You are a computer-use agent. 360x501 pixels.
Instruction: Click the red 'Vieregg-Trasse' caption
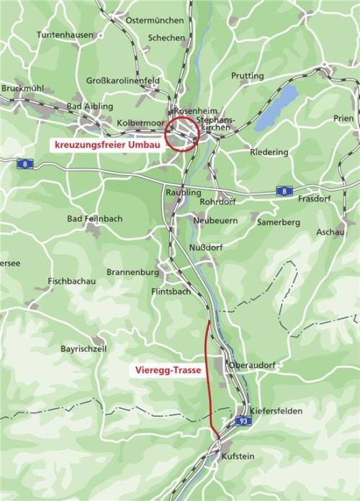tap(167, 371)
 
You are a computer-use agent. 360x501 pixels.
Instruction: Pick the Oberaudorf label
tap(252, 365)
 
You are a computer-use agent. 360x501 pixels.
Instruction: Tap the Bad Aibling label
tap(89, 107)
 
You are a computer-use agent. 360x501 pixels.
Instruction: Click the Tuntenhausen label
tap(66, 35)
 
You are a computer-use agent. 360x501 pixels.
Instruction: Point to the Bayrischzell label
tap(84, 348)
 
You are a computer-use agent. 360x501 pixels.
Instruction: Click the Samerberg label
tap(279, 223)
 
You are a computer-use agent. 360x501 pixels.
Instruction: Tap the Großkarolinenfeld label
tap(124, 81)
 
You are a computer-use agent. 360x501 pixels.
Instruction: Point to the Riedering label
tap(269, 152)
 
